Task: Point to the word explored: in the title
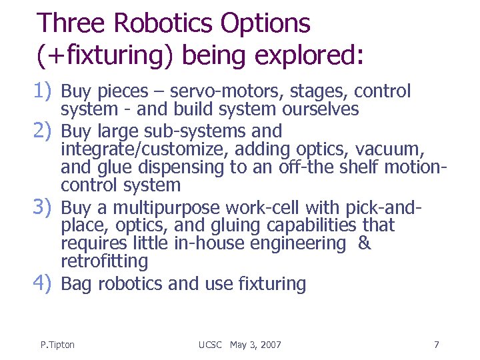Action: [x=313, y=55]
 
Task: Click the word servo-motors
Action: [x=200, y=91]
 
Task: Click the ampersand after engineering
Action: [x=364, y=243]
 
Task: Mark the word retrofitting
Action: [x=104, y=261]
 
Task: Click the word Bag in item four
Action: [x=77, y=284]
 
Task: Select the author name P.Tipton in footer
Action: [x=57, y=345]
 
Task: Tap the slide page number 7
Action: [x=436, y=345]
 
